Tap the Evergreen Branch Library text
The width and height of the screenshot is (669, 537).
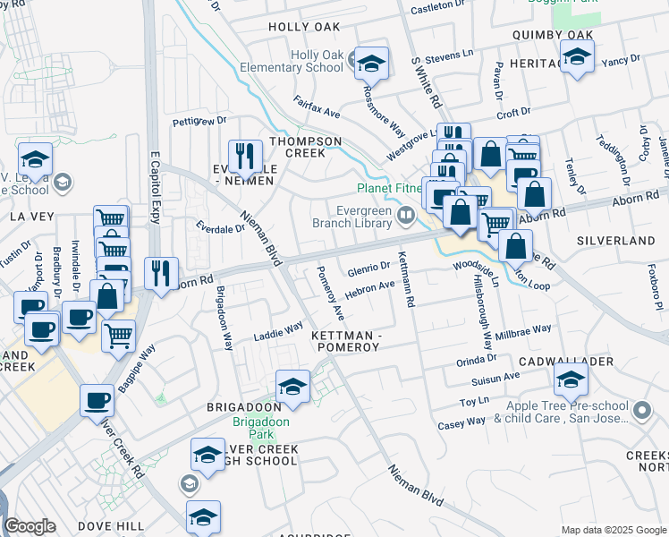(353, 217)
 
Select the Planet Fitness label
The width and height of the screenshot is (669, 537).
(390, 188)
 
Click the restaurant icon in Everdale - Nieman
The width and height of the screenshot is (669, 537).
(244, 156)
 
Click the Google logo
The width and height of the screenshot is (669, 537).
(30, 526)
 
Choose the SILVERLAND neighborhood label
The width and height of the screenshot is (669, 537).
(615, 242)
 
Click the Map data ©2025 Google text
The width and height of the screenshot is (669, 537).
(613, 529)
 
